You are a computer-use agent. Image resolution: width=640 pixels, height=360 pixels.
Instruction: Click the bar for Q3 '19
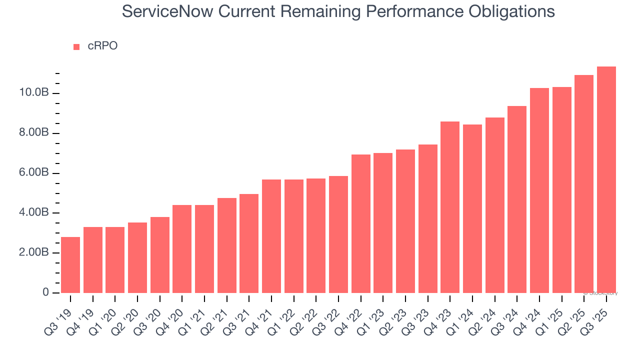[x=70, y=265]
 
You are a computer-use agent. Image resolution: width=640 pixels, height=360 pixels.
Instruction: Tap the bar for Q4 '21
[x=271, y=236]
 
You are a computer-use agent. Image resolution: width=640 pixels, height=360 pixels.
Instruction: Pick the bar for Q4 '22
[x=360, y=223]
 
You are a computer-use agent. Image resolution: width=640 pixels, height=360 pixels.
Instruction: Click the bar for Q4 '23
[x=450, y=207]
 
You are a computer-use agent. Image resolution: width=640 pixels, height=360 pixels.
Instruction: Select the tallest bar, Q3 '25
[x=606, y=179]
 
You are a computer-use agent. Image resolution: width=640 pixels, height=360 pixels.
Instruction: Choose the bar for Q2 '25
[x=583, y=184]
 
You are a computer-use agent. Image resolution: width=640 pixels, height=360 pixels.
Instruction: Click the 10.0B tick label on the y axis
[x=34, y=93]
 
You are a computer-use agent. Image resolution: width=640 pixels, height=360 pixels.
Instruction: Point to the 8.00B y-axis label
[x=34, y=133]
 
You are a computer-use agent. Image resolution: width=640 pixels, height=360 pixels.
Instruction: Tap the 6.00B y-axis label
[x=34, y=173]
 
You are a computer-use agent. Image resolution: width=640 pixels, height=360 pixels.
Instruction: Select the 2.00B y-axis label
[x=34, y=253]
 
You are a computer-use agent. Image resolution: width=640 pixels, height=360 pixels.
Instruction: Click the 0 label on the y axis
[x=45, y=292]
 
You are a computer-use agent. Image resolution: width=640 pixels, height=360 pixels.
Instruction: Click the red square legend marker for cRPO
[x=76, y=47]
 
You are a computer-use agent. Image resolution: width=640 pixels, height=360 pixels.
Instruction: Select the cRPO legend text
[x=102, y=46]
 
